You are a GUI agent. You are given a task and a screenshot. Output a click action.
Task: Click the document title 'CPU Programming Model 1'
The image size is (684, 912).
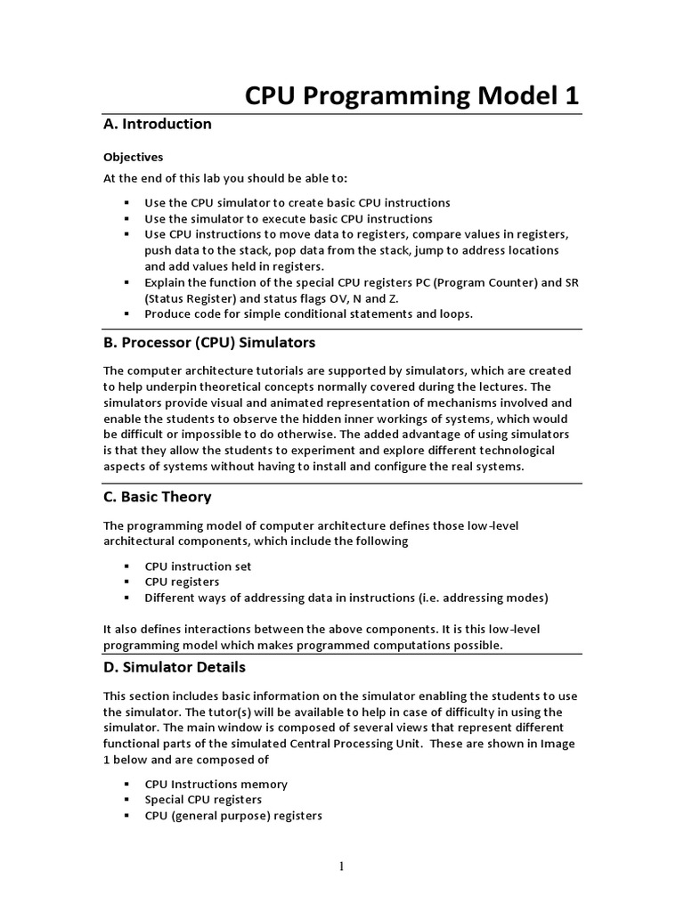click(411, 95)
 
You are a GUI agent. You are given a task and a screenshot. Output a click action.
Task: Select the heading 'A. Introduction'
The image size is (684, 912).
click(158, 124)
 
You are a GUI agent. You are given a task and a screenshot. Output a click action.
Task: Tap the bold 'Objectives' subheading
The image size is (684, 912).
click(133, 157)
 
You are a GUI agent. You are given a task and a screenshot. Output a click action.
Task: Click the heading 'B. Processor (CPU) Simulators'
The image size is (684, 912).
click(209, 343)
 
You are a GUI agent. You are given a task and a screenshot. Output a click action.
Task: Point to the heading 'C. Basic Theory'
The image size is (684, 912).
click(158, 496)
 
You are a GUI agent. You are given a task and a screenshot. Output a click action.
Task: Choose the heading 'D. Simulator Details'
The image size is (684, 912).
click(175, 666)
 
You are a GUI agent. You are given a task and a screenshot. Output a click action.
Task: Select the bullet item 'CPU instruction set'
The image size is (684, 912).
click(198, 566)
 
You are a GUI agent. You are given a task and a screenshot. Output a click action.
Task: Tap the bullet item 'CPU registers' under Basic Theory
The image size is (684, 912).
click(182, 582)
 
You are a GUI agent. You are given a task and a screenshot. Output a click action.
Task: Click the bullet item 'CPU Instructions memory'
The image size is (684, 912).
click(216, 785)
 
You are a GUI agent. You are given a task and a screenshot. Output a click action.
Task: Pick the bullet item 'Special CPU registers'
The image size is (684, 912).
click(203, 800)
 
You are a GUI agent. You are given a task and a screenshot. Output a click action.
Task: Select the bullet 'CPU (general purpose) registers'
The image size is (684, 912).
click(233, 815)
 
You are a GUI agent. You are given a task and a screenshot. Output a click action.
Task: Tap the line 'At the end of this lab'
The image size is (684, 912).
click(223, 178)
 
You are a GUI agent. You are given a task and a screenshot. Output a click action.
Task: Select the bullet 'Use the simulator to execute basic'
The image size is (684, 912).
click(289, 218)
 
